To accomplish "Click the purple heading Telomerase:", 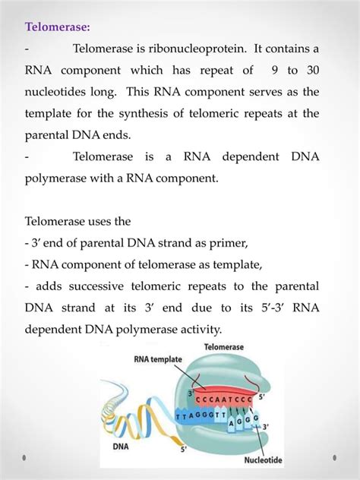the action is click(57, 28).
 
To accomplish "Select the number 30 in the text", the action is click(311, 71).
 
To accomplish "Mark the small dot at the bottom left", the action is click(24, 459).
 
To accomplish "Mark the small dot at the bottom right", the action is click(335, 459).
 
